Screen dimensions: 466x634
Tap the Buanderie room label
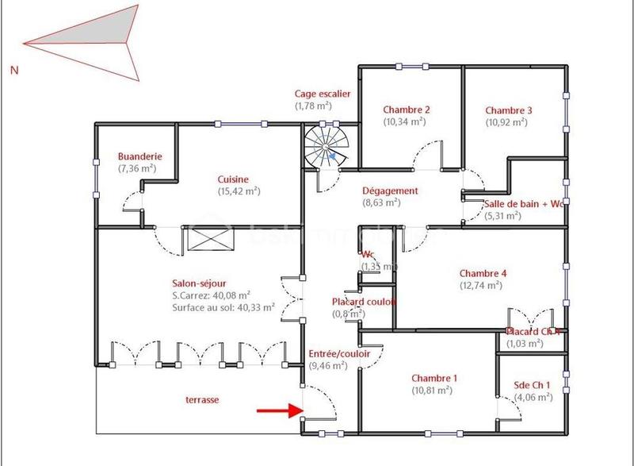(x=137, y=156)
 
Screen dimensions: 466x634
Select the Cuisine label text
(x=234, y=179)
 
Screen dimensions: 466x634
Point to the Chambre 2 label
(x=406, y=110)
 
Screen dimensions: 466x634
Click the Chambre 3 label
(x=508, y=110)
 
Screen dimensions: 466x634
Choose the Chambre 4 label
(x=482, y=273)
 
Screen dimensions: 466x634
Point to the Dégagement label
(x=389, y=191)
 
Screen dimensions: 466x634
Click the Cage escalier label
(x=322, y=93)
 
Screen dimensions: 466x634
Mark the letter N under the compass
(x=14, y=70)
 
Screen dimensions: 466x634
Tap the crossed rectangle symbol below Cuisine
(x=212, y=237)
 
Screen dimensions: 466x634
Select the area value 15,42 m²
(x=239, y=191)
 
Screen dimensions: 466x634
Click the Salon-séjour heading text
(x=199, y=283)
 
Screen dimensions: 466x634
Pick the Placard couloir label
(x=363, y=302)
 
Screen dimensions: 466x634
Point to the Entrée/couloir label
(x=338, y=353)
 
